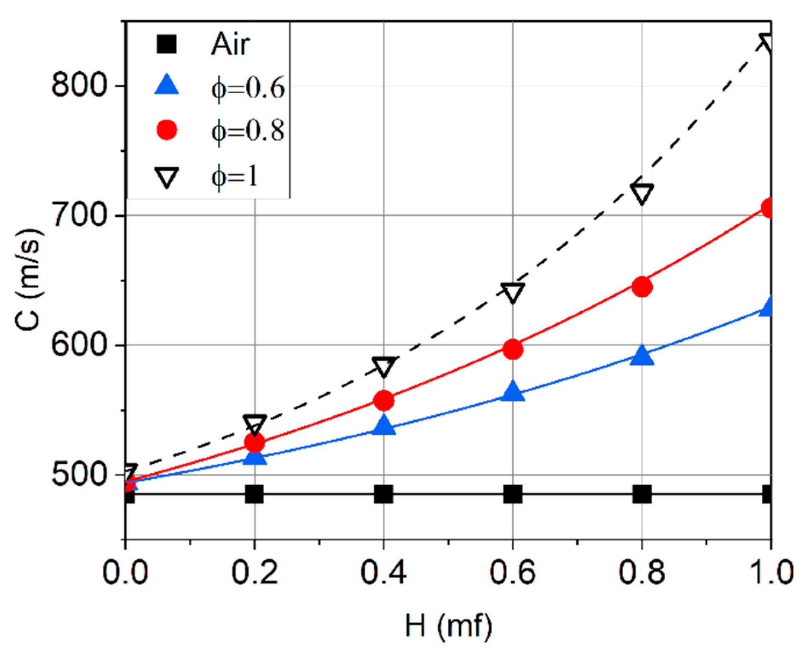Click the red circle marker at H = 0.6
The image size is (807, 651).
point(513,349)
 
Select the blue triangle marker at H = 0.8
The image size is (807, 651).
point(642,356)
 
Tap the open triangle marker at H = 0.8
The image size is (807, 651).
point(642,193)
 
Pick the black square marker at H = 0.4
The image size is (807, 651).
point(383,494)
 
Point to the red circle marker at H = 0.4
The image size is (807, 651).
point(383,400)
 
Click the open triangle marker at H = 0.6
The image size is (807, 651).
point(513,293)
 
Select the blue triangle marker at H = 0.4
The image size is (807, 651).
point(383,425)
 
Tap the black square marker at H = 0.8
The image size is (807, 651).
point(642,494)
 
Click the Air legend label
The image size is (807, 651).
point(230,44)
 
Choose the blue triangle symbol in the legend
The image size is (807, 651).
point(167,85)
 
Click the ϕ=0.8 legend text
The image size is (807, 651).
point(248,131)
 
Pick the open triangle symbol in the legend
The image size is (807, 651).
point(167,177)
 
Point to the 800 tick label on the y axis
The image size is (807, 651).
point(78,86)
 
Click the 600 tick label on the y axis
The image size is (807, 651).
point(78,345)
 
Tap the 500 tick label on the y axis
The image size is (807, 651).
point(78,474)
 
